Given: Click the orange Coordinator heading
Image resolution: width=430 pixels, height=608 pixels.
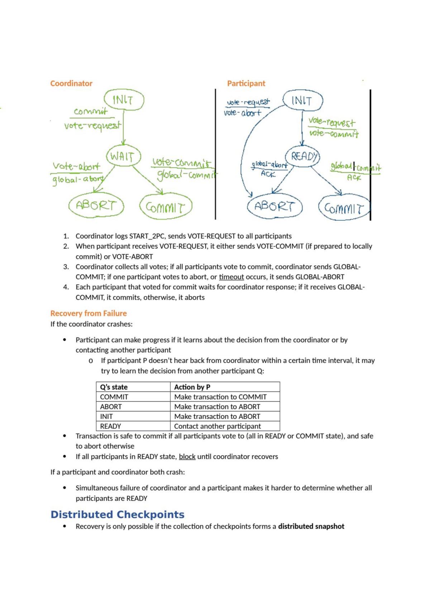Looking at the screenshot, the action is [x=71, y=83].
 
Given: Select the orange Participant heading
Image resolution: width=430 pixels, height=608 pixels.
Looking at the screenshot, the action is [x=246, y=83].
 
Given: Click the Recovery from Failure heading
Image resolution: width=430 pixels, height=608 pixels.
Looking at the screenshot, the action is [x=89, y=313].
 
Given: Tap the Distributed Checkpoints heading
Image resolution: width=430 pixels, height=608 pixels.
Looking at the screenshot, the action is [x=117, y=514].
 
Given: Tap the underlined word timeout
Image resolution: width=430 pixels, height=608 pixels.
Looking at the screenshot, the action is [x=231, y=277].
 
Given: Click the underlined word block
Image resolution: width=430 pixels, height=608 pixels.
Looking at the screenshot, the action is [x=187, y=456].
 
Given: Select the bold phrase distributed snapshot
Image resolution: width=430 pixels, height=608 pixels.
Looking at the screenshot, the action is [x=311, y=526].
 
